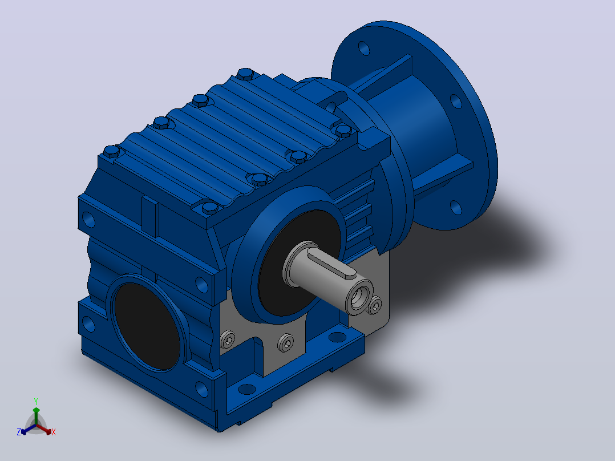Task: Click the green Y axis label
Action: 36,401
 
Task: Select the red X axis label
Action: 54,432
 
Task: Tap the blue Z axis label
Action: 19,431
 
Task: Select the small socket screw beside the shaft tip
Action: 375,305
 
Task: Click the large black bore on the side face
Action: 146,326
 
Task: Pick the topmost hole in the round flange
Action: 364,48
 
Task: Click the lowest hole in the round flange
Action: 456,207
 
